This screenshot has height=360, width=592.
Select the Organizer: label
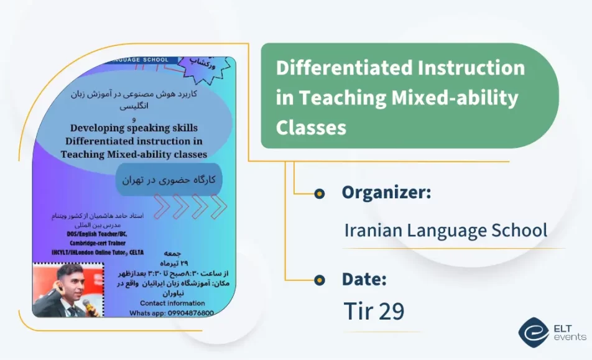[386, 193]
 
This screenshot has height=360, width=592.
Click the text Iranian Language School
[445, 231]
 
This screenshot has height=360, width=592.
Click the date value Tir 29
[374, 312]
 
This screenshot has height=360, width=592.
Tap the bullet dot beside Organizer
[320, 193]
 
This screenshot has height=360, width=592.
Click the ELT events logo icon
[533, 332]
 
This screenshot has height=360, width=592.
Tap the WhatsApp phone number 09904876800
[190, 313]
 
